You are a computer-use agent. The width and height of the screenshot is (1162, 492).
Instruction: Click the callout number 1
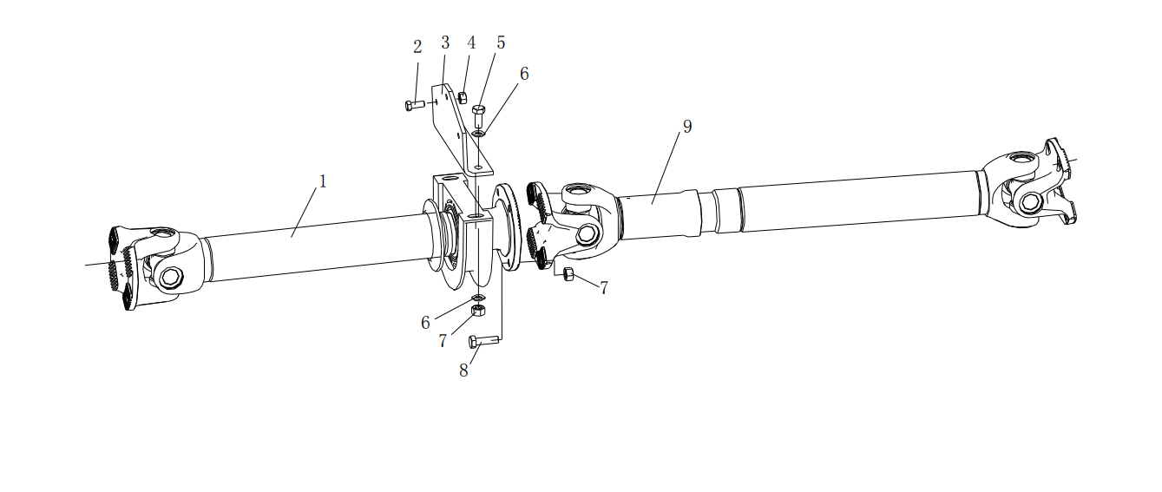[x=323, y=181]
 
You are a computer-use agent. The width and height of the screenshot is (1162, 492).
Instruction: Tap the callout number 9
[x=687, y=127]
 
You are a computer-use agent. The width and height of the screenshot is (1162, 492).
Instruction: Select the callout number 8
[x=463, y=371]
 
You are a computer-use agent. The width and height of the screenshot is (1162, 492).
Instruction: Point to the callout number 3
[x=445, y=43]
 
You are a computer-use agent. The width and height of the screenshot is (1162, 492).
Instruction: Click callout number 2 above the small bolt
[x=417, y=47]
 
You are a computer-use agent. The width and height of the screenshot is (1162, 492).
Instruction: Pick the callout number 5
[x=501, y=43]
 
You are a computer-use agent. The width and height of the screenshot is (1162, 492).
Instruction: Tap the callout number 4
[x=471, y=43]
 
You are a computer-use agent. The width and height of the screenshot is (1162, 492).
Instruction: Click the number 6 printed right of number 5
[x=524, y=74]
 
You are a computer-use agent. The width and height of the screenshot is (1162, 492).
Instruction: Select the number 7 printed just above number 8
[x=443, y=341]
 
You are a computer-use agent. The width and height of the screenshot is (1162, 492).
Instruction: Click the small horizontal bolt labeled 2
[x=415, y=105]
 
